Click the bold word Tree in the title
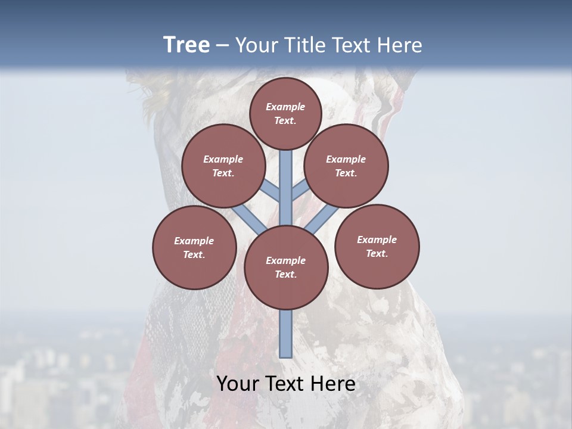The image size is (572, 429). tap(186, 45)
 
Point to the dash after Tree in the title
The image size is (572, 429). tap(222, 46)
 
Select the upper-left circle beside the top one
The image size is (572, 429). tap(223, 166)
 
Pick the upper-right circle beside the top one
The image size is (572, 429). tap(346, 166)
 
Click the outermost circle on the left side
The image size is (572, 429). tap(194, 247)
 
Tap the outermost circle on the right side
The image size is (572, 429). tap(377, 246)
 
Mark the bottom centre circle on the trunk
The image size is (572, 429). tap(286, 267)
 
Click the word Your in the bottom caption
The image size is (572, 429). tap(238, 384)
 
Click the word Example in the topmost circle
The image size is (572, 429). tap(285, 107)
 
